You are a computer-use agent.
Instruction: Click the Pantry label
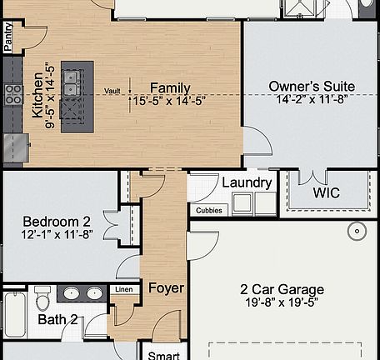[x=8, y=37]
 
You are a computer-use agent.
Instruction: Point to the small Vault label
[x=112, y=91]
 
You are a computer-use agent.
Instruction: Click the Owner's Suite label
[x=312, y=86]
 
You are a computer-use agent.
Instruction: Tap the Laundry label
[x=246, y=182]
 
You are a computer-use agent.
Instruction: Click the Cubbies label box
[x=208, y=211]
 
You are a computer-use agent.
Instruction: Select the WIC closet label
[x=326, y=192]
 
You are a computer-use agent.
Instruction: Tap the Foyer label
[x=166, y=288]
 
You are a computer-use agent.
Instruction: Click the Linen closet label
[x=123, y=289]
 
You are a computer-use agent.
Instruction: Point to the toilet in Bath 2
[x=44, y=296]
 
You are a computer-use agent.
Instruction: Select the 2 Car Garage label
[x=282, y=289]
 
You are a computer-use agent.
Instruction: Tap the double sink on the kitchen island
[x=72, y=82]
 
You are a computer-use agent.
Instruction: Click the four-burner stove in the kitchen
[x=12, y=94]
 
